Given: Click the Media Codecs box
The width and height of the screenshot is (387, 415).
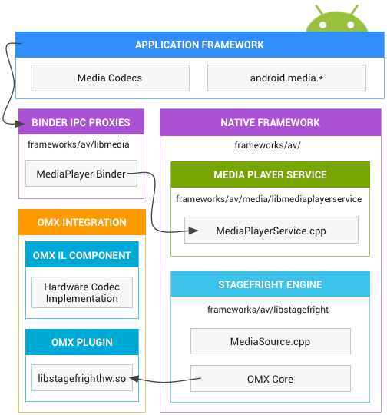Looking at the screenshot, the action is pos(110,78).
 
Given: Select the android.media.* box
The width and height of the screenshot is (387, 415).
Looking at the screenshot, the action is pos(286,78).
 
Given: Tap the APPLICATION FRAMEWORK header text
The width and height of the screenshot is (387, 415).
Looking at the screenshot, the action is pos(200,45).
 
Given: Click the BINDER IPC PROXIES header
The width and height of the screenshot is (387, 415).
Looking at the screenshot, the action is pos(81,121).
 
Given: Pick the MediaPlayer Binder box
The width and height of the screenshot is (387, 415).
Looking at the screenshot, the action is pos(81,174).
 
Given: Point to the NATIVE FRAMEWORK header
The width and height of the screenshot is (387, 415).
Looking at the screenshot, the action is pos(270,122).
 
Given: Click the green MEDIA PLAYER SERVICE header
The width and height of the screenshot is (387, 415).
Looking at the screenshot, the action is pos(270,174).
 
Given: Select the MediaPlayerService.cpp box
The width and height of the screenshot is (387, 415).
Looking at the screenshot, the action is pos(271,231).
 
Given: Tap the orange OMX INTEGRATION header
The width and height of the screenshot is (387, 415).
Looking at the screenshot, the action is pos(82,222).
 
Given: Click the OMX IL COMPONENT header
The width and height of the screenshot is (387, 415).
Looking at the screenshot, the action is pos(82,254).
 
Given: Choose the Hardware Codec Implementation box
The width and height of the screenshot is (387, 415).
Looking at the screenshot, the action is pos(82,293).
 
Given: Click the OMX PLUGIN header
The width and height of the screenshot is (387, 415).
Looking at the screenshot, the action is pos(82,342).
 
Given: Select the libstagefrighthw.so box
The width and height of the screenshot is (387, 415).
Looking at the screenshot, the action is pos(82,378).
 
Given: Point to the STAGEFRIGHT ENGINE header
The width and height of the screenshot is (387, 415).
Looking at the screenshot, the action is pos(270,284).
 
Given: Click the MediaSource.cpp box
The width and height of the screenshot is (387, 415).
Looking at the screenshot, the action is pos(270,341).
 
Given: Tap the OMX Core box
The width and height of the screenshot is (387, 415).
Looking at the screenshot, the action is pos(270,379).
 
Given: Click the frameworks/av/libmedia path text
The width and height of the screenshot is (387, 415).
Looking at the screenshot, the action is pos(78,144).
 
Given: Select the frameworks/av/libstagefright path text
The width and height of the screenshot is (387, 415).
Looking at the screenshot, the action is pos(268,310).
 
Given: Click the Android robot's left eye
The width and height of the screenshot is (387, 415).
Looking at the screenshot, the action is pos(322,25).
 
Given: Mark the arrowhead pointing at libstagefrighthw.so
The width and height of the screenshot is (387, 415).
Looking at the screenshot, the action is pos(134,379).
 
